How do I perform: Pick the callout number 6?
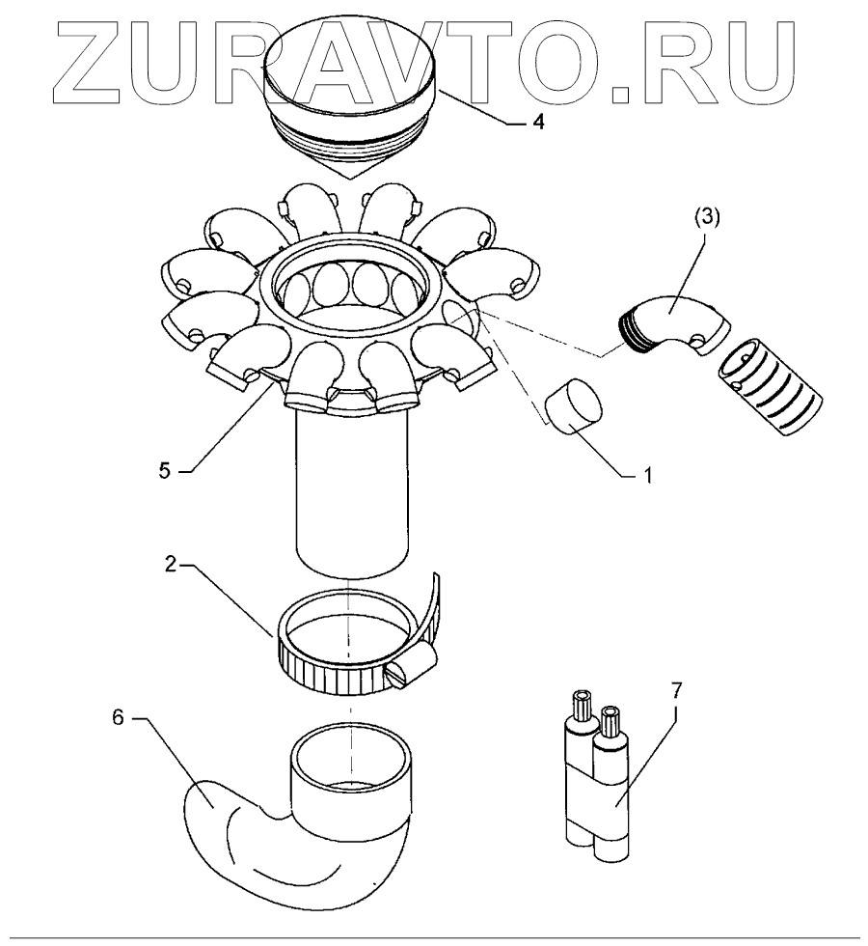[117, 719]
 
